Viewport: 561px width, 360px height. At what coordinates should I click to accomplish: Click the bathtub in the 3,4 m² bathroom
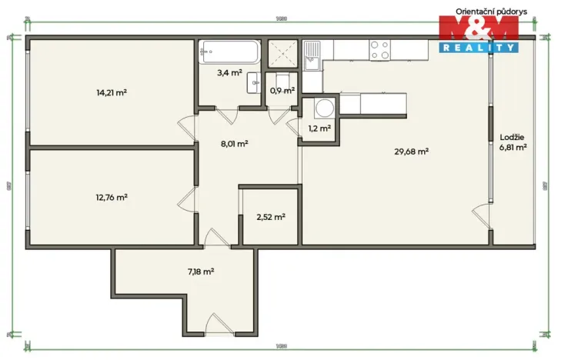229,54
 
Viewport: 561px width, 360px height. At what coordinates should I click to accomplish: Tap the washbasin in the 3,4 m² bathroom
252,87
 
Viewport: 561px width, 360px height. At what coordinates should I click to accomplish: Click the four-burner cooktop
380,50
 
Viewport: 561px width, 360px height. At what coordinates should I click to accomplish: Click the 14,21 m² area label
112,92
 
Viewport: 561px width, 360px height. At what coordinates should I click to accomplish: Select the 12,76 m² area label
112,196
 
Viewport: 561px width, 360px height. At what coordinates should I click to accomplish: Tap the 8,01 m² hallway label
234,143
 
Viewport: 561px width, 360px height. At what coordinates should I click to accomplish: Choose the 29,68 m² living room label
411,152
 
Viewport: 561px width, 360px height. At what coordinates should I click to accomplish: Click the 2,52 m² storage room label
270,217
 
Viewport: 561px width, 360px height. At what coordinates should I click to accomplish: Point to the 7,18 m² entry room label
200,271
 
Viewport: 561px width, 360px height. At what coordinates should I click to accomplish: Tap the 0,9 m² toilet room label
282,91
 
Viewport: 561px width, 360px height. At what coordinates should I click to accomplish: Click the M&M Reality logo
477,35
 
